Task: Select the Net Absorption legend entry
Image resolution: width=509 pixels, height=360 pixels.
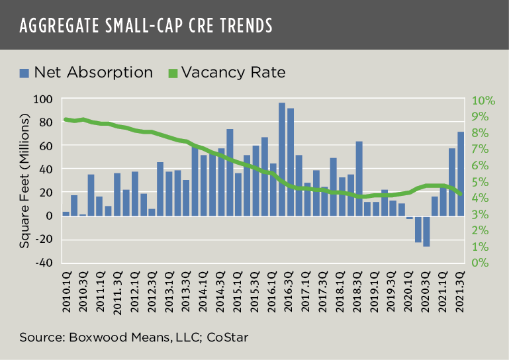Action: [x=86, y=72]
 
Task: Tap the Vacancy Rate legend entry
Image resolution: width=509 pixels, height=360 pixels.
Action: [x=226, y=72]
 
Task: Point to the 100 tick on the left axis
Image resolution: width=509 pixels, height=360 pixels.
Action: [x=44, y=99]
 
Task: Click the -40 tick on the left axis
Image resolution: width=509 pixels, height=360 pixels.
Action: [x=44, y=263]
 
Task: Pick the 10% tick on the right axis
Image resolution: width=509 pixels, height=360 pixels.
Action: [x=483, y=101]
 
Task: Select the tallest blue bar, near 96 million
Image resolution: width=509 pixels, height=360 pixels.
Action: [x=282, y=159]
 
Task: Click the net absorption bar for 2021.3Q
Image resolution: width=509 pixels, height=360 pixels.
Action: [x=461, y=173]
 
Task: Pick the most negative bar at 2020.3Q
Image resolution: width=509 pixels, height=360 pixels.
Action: [x=426, y=231]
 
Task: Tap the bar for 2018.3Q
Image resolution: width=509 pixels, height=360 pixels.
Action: [x=359, y=178]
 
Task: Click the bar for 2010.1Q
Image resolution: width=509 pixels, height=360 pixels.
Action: [x=66, y=213]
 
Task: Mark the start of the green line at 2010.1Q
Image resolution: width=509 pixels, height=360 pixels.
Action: [x=66, y=119]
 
